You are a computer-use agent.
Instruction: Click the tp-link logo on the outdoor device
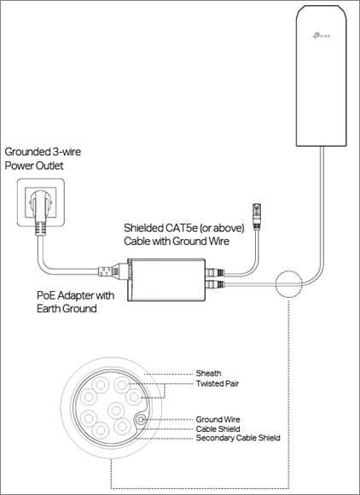(322, 36)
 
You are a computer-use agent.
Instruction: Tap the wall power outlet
(41, 202)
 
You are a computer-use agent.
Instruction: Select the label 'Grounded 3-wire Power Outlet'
(43, 159)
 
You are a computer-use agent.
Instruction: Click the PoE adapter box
(166, 280)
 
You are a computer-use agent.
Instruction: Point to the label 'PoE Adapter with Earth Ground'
(75, 301)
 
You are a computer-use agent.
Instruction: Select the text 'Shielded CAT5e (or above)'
(184, 228)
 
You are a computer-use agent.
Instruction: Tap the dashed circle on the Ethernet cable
(288, 284)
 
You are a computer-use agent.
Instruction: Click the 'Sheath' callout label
(208, 373)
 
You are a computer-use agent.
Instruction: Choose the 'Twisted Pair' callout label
(218, 383)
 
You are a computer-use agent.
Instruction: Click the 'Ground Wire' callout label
(218, 419)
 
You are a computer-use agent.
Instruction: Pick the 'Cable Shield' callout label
(218, 428)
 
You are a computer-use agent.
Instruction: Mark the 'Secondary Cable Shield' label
(238, 438)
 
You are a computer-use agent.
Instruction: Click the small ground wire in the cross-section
(141, 419)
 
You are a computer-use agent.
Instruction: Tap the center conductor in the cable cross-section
(116, 411)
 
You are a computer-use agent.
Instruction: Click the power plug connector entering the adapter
(113, 271)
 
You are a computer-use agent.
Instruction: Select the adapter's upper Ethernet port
(214, 272)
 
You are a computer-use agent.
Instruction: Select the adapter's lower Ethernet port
(214, 284)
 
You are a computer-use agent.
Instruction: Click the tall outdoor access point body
(322, 76)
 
